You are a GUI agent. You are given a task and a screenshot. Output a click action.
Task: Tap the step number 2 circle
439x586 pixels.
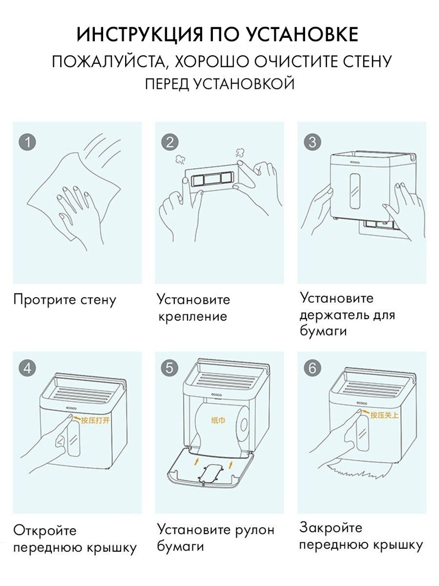pos(170,142)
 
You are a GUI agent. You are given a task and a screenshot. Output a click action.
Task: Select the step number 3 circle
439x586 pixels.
pos(313,142)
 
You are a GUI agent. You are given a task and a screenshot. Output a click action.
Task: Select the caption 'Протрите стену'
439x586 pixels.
pos(65,300)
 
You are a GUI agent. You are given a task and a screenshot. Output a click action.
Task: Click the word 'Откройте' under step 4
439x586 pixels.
pos(45,531)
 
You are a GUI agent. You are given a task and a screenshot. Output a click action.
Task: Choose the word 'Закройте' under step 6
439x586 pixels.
pos(331,528)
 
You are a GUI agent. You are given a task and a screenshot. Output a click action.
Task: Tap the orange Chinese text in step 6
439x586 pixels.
pos(384,415)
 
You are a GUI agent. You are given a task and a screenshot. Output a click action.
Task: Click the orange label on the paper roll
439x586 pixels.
pos(218,421)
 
